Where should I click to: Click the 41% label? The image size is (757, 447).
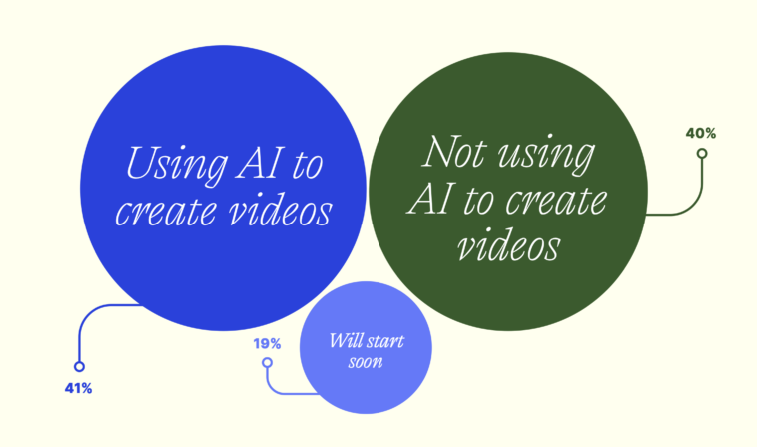pos(78,388)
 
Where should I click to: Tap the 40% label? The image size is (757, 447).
pos(701,132)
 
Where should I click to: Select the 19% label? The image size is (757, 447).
pos(267,344)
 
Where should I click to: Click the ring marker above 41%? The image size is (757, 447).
pos(79,367)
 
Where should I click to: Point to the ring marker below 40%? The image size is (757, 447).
pos(702,154)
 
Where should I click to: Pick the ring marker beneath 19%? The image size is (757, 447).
pos(267,363)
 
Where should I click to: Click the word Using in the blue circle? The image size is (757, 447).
pos(169,163)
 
